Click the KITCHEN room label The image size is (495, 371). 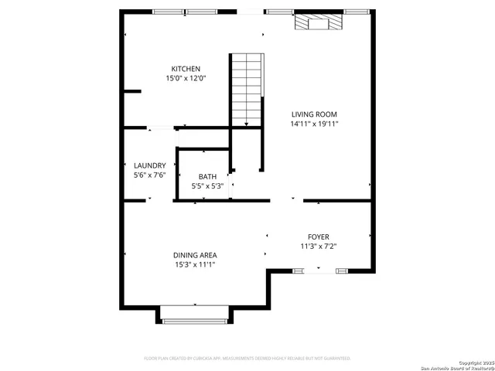point(186,69)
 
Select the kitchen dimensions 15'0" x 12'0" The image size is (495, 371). point(186,78)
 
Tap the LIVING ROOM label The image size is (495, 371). point(314,114)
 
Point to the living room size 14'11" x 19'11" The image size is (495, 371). point(314,123)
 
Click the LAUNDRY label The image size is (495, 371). point(149,165)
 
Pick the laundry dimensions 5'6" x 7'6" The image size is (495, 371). point(149,175)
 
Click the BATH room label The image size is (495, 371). point(207,176)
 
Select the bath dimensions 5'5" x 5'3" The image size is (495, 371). point(207,185)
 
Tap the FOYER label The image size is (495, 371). point(319,237)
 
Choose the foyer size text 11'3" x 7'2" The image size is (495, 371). point(319,246)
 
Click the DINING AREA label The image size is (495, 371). point(195,255)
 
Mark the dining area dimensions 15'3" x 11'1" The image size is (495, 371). point(195,264)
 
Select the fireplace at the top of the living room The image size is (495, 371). point(318,22)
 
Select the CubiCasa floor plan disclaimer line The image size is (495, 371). point(247,359)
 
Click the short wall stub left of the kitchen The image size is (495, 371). point(132,91)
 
